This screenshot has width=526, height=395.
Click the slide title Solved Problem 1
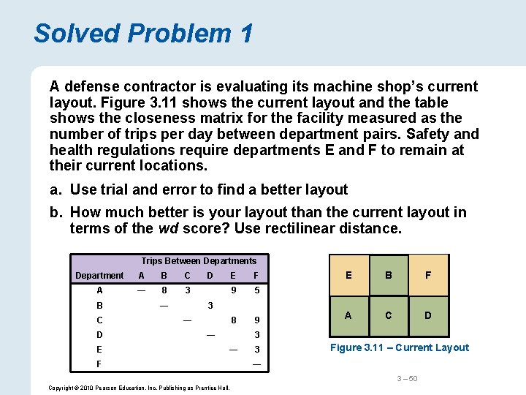143,33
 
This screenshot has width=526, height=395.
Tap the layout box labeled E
348,275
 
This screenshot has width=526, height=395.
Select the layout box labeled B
389,275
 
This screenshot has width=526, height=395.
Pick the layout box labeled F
428,275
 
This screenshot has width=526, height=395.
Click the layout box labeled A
348,315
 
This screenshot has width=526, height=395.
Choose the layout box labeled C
389,315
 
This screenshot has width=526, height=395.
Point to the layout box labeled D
428,315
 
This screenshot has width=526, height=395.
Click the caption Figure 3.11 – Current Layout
399,347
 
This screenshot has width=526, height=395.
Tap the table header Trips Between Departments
199,261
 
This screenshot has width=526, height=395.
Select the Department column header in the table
99,276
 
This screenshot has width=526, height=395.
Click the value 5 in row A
256,290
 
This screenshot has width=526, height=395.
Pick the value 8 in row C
233,320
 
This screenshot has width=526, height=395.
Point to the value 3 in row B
210,305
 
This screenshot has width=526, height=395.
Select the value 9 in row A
233,290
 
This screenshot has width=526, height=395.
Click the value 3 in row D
256,335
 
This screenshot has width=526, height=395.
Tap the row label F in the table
99,364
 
